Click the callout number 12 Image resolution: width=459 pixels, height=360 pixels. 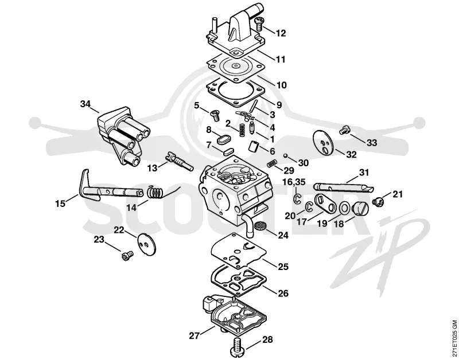click(x=280, y=33)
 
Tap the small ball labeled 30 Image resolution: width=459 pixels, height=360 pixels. click(x=286, y=155)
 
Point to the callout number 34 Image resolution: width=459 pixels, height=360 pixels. click(x=85, y=104)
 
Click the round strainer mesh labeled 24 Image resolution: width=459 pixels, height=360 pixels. click(x=259, y=226)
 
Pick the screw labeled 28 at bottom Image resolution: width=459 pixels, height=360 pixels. click(x=239, y=346)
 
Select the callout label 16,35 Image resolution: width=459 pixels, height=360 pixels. click(x=294, y=182)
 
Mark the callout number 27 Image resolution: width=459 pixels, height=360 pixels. click(x=194, y=336)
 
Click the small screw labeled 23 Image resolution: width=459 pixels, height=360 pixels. click(x=127, y=255)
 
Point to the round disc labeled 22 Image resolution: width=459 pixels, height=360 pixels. click(x=147, y=245)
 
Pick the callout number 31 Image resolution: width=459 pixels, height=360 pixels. click(x=364, y=173)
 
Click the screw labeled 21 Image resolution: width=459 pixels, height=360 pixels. click(x=378, y=202)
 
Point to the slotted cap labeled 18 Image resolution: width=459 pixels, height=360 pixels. click(x=360, y=209)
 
